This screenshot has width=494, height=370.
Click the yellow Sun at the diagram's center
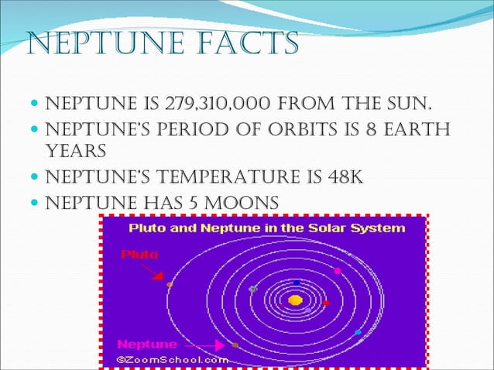coord(295,300)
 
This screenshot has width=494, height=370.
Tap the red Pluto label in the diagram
coord(139,254)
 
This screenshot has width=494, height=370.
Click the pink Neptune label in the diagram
coord(146,344)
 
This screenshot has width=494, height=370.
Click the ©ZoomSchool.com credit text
coord(172,359)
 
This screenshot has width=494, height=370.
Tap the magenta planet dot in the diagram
coord(338,271)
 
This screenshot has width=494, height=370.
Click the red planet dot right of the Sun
coord(326,303)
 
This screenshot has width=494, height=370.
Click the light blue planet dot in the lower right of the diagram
coord(358,332)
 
